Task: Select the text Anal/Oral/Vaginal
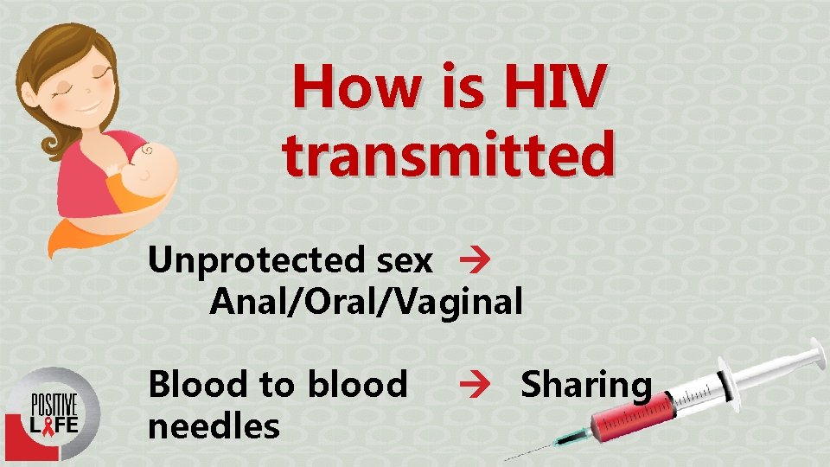[x=366, y=301]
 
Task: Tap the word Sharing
[x=585, y=385]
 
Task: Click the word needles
[x=214, y=425]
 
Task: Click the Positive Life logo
[x=53, y=413]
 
